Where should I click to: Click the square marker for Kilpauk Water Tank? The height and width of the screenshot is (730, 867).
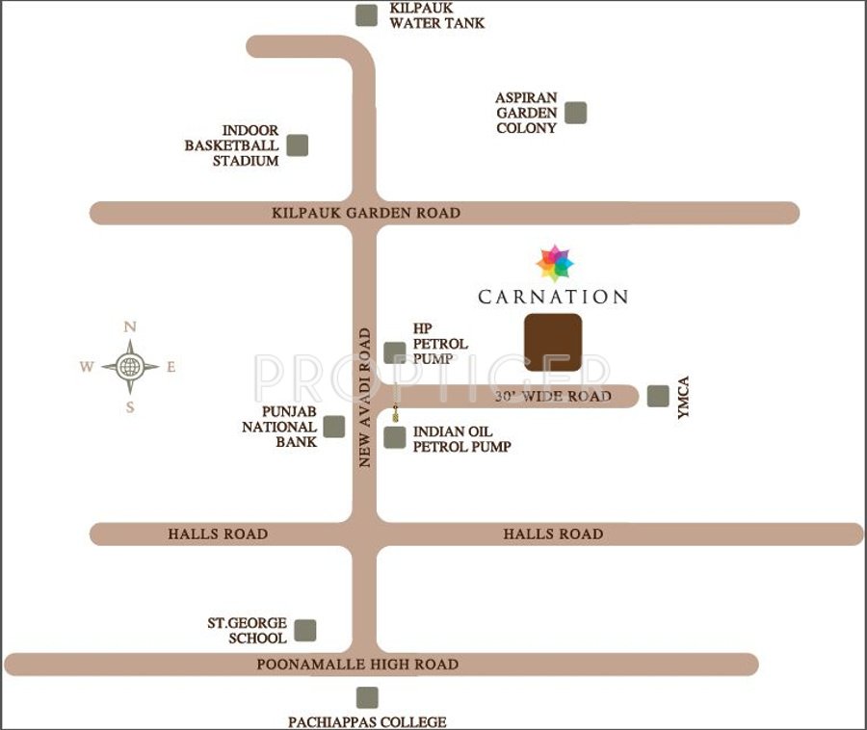(366, 15)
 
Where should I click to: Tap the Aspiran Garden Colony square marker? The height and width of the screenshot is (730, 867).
(575, 113)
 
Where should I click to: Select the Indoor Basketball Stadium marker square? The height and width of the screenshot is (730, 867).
(298, 145)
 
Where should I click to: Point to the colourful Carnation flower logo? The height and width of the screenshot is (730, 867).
(554, 261)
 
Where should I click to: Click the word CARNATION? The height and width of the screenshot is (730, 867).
(553, 297)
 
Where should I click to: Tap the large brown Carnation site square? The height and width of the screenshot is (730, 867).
(552, 342)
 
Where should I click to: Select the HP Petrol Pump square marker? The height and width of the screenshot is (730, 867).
(395, 352)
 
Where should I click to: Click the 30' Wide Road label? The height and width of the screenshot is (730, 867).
(553, 397)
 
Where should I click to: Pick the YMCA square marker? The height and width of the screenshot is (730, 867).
(658, 396)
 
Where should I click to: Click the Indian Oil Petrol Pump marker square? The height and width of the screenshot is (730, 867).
(395, 438)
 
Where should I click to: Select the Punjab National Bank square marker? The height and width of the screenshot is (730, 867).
(334, 427)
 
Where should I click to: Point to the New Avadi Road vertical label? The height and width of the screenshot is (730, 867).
(365, 398)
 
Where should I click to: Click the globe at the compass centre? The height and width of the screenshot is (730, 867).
(130, 366)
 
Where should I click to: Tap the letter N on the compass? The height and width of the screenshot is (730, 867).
(130, 327)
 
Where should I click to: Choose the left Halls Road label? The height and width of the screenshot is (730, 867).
(218, 534)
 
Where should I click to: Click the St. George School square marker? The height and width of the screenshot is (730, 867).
(305, 630)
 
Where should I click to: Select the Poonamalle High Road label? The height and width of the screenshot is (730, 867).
(357, 665)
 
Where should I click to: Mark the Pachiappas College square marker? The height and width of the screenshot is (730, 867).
(367, 697)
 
